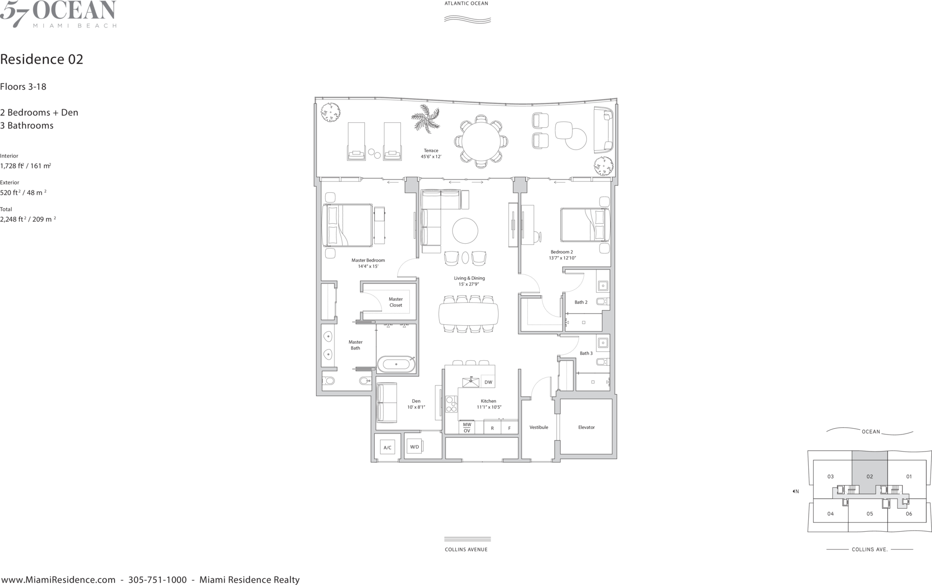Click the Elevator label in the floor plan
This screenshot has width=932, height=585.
586,427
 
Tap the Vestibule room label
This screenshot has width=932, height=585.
539,427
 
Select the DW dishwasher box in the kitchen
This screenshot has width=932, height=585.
488,382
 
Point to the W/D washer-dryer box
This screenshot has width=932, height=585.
415,447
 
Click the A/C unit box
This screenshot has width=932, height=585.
387,448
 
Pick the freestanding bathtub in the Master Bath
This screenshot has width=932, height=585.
397,364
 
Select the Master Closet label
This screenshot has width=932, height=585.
396,302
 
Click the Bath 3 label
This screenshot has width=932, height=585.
586,353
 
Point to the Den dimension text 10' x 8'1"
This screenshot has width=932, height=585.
416,407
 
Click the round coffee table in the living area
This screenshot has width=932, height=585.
465,231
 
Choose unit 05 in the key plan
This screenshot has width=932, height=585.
869,514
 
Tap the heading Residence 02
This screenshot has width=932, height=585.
42,59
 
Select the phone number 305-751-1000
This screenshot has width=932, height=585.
157,580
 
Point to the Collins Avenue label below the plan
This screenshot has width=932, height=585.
466,550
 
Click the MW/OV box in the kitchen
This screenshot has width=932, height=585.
467,427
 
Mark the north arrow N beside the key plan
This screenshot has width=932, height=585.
796,491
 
